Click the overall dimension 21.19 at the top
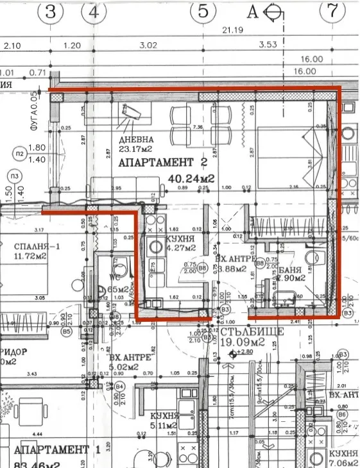pyautogui.click(x=231, y=30)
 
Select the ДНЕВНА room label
pyautogui.click(x=135, y=140)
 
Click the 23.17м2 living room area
pyautogui.click(x=136, y=151)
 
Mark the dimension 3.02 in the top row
pyautogui.click(x=148, y=46)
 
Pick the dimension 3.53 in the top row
pyautogui.click(x=268, y=46)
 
